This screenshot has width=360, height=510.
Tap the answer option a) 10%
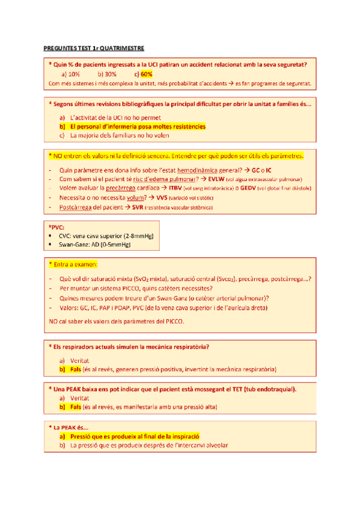tap(71, 73)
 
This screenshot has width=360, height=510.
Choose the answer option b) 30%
tap(107, 73)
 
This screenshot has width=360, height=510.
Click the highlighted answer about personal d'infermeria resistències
tap(137, 127)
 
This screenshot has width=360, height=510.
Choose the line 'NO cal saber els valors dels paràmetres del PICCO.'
tap(117, 321)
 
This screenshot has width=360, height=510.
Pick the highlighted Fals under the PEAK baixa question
tap(75, 407)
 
